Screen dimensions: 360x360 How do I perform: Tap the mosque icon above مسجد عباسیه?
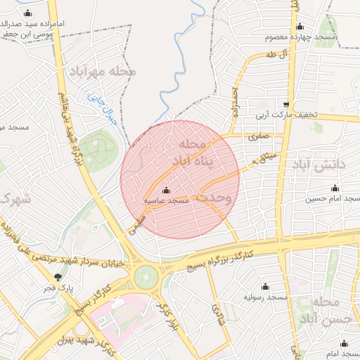(166, 190)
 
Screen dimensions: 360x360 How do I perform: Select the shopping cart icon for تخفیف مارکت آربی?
(285, 103)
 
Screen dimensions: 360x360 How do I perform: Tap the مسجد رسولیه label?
(266, 298)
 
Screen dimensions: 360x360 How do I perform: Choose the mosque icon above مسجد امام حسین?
(335, 188)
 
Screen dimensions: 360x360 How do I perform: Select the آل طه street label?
(271, 54)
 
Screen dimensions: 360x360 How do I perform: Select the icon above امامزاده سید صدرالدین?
(27, 13)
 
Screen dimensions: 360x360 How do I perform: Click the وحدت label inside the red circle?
(214, 198)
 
